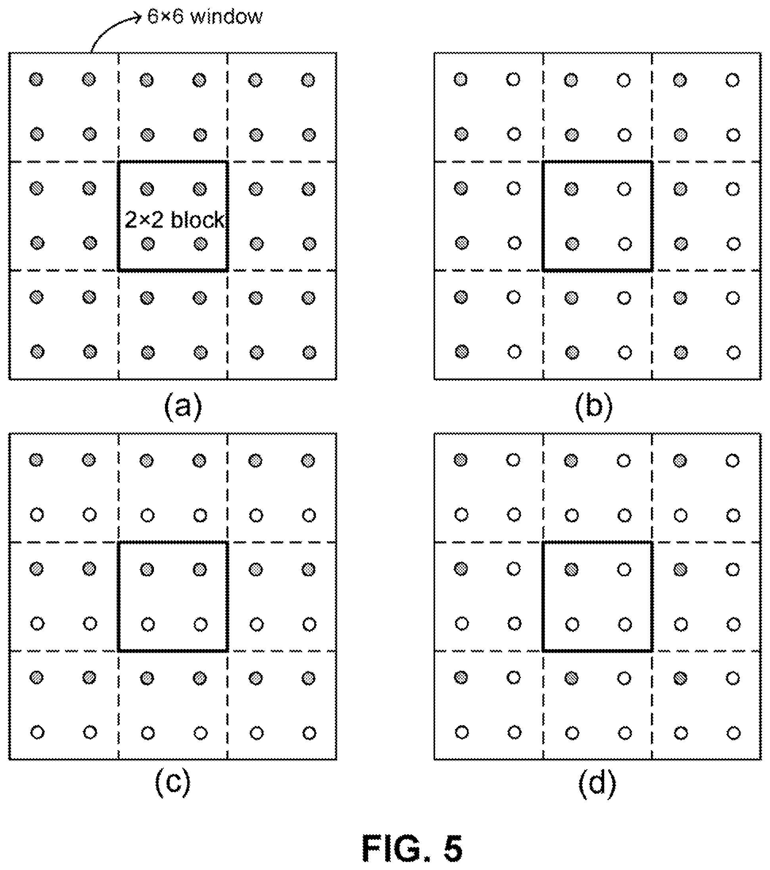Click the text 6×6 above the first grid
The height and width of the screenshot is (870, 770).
(165, 17)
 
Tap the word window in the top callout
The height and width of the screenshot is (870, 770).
(227, 17)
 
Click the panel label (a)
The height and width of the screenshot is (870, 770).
(183, 407)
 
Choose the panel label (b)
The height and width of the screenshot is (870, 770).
(594, 407)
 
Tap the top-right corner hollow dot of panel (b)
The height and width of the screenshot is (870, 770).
(732, 80)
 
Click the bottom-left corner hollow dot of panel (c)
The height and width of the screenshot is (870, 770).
(37, 732)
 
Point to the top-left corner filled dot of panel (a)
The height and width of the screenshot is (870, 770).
(36, 79)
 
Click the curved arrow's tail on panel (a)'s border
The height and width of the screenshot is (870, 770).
(91, 52)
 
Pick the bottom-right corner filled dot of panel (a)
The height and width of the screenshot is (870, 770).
(309, 352)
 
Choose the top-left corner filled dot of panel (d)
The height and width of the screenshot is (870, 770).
(461, 460)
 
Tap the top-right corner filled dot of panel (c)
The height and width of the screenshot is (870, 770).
(308, 461)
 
